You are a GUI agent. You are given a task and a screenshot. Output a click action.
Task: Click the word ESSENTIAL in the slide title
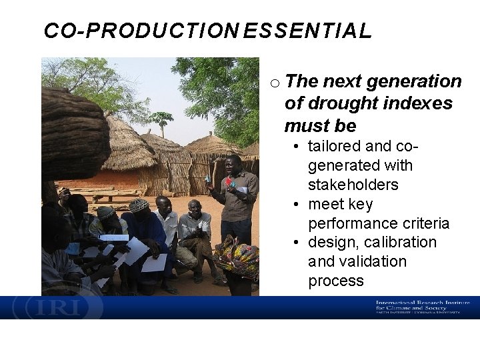tap(307, 31)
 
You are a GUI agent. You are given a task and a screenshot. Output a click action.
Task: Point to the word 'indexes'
tap(420, 103)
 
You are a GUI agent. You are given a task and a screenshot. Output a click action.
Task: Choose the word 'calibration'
tap(399, 242)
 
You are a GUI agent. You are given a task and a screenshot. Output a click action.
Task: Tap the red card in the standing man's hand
tap(229, 181)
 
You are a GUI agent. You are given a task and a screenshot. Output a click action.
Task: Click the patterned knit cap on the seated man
tap(139, 205)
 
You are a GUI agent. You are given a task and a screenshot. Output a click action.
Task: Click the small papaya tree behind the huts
tap(162, 121)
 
